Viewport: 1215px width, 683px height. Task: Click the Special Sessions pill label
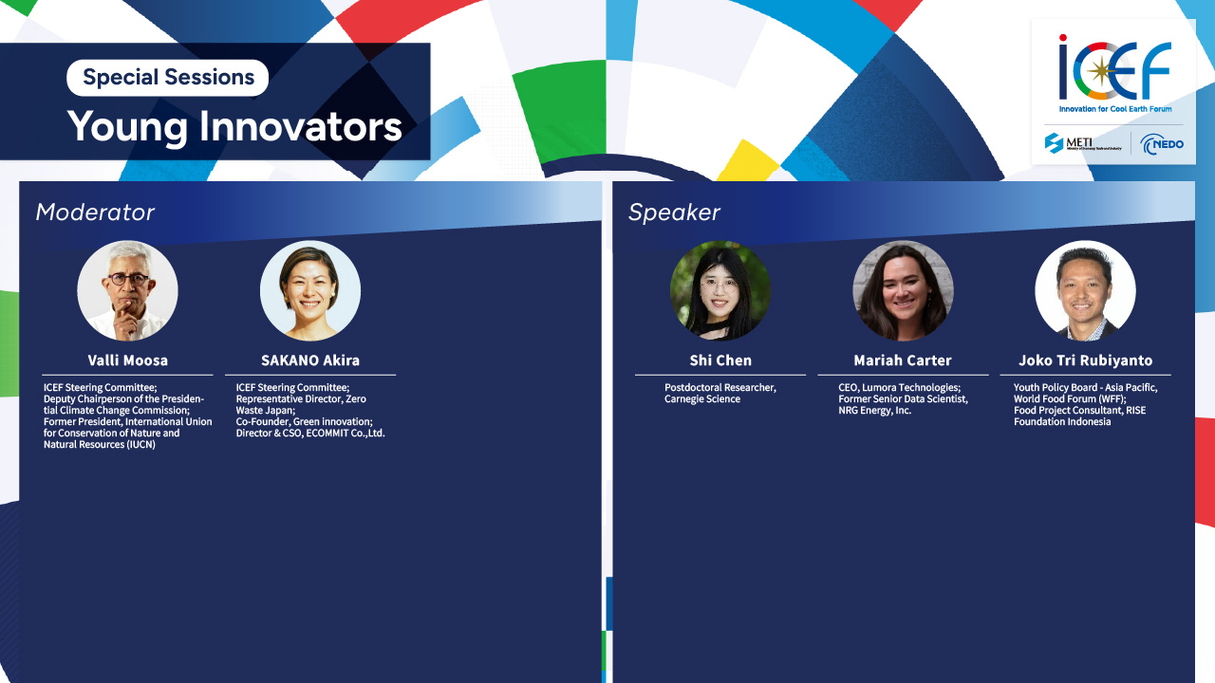pos(168,78)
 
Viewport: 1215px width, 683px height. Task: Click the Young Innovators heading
pos(234,126)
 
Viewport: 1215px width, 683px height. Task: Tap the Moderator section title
pos(95,212)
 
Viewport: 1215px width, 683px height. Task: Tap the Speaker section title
pos(674,212)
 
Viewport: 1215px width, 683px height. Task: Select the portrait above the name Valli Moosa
pos(127,290)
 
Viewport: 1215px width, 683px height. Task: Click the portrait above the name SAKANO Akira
pos(310,290)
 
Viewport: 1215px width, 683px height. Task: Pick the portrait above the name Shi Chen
pos(720,290)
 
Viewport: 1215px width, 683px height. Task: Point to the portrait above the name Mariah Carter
pos(903,290)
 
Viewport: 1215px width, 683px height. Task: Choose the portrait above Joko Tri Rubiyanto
pos(1085,290)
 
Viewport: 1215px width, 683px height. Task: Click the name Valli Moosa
pos(128,360)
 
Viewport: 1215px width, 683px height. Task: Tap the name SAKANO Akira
pos(310,360)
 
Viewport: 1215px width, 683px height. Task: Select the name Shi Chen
pos(720,360)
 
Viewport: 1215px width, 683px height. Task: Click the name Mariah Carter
pos(903,360)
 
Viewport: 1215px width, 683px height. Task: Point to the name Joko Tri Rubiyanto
pos(1085,360)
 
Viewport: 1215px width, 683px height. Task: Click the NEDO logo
pos(1162,144)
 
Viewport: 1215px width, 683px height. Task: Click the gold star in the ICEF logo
pos(1100,71)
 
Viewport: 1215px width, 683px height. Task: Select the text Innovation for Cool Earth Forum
pos(1115,109)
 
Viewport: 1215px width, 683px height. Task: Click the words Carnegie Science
pos(702,399)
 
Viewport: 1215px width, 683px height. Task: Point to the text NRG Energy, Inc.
pos(875,411)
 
